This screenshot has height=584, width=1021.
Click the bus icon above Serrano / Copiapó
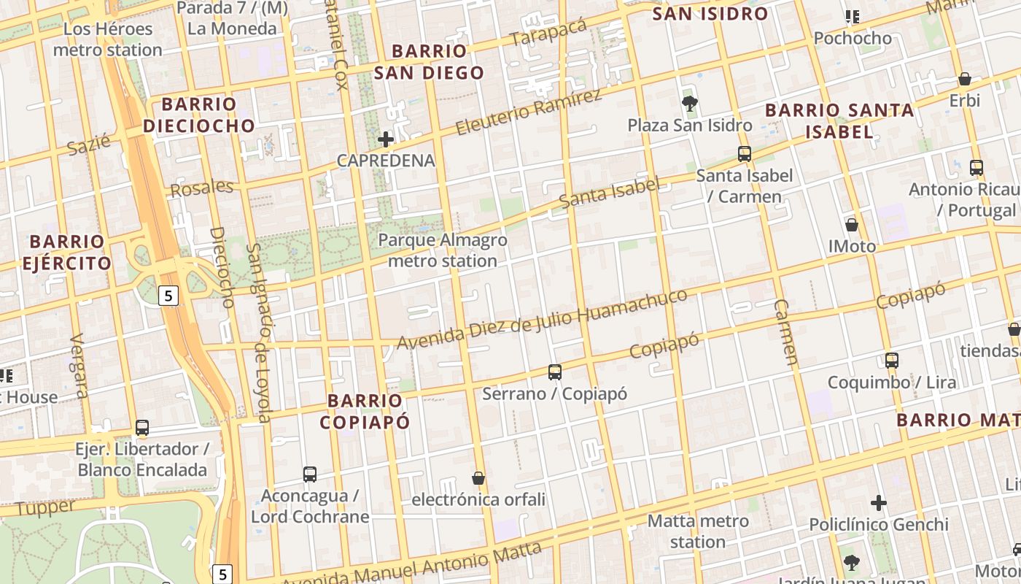(x=555, y=372)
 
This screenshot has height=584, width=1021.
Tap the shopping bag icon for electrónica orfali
(x=478, y=478)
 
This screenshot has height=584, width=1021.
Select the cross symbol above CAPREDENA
(x=386, y=139)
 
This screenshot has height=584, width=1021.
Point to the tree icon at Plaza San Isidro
(x=689, y=103)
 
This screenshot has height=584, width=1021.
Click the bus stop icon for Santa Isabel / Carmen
(x=745, y=154)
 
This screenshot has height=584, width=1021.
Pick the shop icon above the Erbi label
(x=965, y=79)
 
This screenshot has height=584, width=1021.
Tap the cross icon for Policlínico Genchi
(x=879, y=503)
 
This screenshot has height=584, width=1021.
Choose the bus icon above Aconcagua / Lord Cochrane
(x=310, y=474)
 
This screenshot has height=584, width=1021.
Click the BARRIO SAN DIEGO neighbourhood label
(x=438, y=62)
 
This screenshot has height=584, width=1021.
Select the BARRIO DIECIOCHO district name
(x=199, y=115)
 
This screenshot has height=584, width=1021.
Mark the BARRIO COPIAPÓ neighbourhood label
(x=365, y=411)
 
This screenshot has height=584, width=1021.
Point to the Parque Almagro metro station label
(x=443, y=250)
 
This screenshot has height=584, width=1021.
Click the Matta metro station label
(x=698, y=531)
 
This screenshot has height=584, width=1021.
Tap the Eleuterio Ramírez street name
(x=529, y=112)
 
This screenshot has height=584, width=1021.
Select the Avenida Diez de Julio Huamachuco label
(x=542, y=318)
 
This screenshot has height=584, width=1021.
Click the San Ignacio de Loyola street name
(x=258, y=332)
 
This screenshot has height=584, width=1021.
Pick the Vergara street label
(x=79, y=366)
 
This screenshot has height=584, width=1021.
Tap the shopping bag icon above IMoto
(x=851, y=225)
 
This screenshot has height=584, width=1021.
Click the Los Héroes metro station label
(x=108, y=39)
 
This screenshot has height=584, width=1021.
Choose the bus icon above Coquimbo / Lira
(x=891, y=360)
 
